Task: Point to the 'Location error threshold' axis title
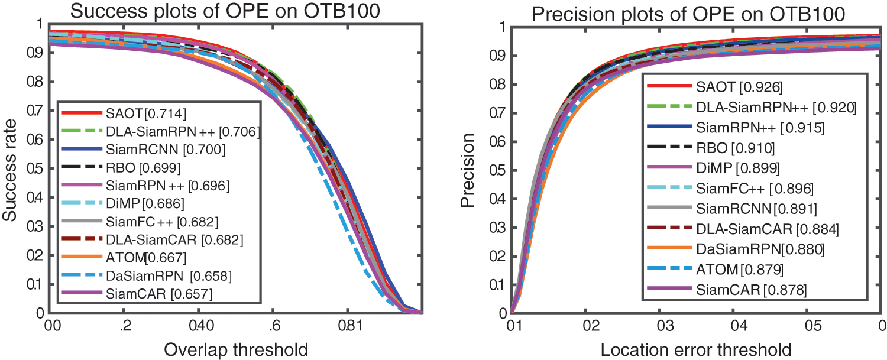[696, 349]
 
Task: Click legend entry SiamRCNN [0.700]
[156, 150]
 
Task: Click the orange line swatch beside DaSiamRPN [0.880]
[669, 249]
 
